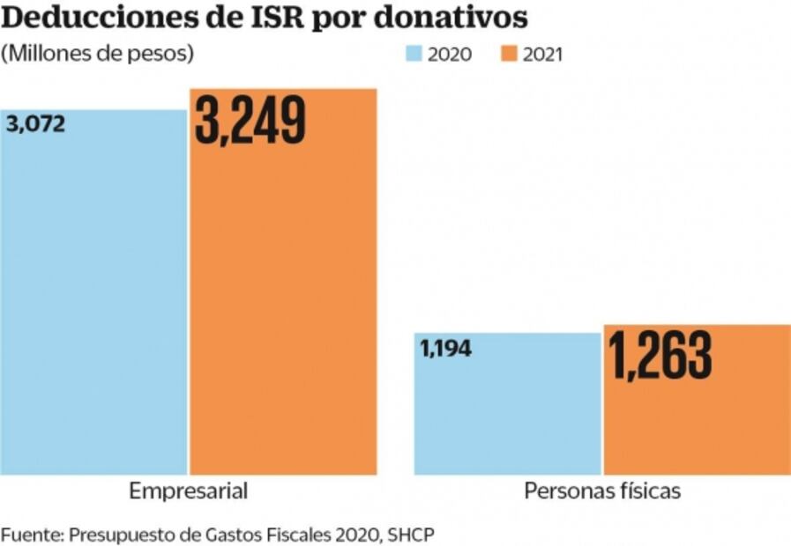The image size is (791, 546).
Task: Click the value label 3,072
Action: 35,124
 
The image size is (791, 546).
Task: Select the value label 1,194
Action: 446,348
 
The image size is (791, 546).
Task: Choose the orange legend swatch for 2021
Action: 510,54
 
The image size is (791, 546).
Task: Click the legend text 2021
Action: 542,54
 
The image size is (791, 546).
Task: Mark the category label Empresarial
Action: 188,491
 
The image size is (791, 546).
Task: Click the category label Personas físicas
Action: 602,491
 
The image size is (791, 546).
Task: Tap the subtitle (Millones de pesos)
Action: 97,53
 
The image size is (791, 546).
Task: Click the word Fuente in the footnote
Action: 30,534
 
